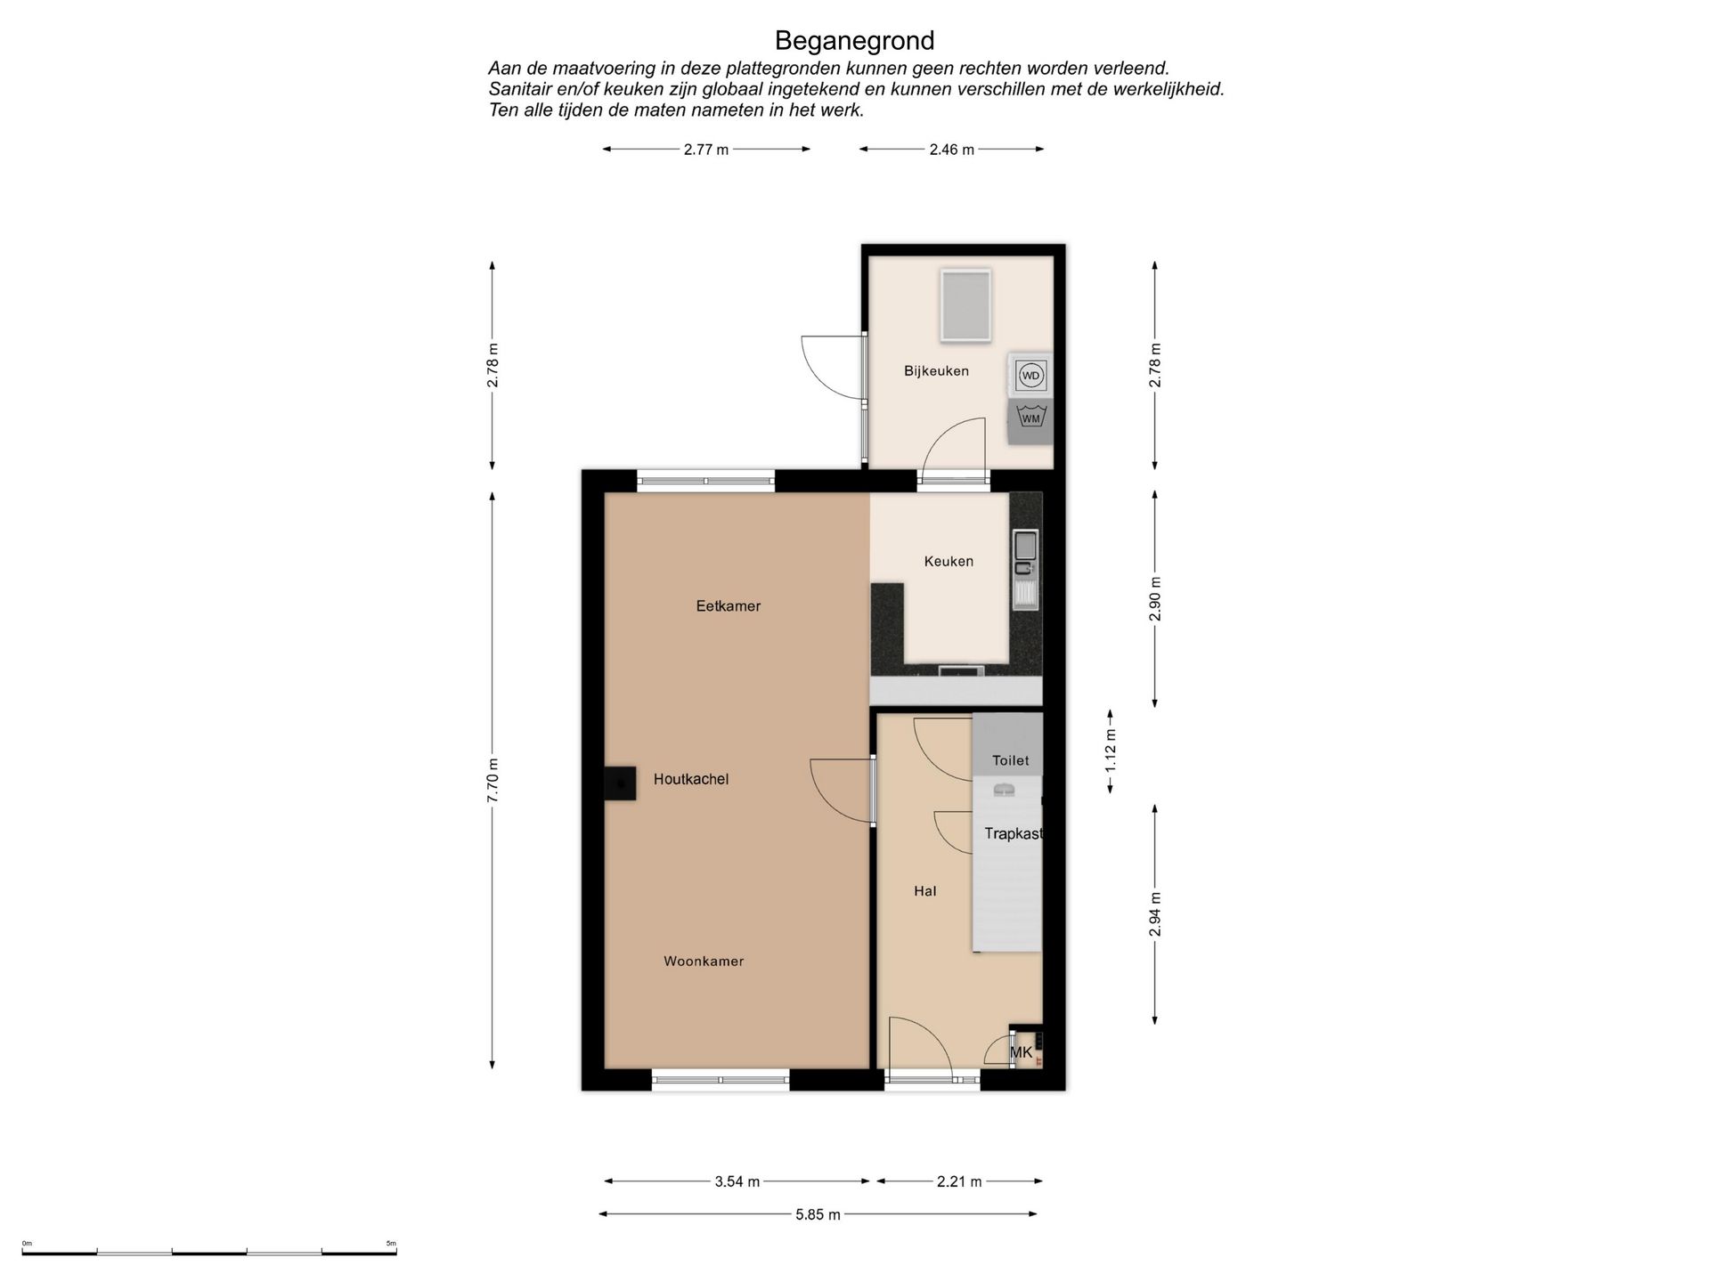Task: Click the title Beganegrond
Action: pos(854,41)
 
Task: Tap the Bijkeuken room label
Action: pos(936,371)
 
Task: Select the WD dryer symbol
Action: pos(1030,376)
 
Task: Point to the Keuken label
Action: pos(949,561)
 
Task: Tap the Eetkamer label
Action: pos(729,606)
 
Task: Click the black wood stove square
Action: pos(620,783)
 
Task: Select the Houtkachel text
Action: pos(691,779)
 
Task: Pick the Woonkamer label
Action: pos(704,961)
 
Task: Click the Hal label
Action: pos(925,891)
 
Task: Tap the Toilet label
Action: pos(1011,760)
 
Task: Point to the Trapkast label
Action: pos(1014,834)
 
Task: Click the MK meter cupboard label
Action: pos(1022,1052)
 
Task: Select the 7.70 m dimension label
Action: pos(493,780)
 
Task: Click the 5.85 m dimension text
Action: pos(818,1214)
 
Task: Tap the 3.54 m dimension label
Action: pos(737,1181)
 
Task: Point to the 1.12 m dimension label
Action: pos(1111,752)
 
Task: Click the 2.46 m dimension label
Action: pos(952,150)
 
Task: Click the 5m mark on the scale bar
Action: pos(392,1244)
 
